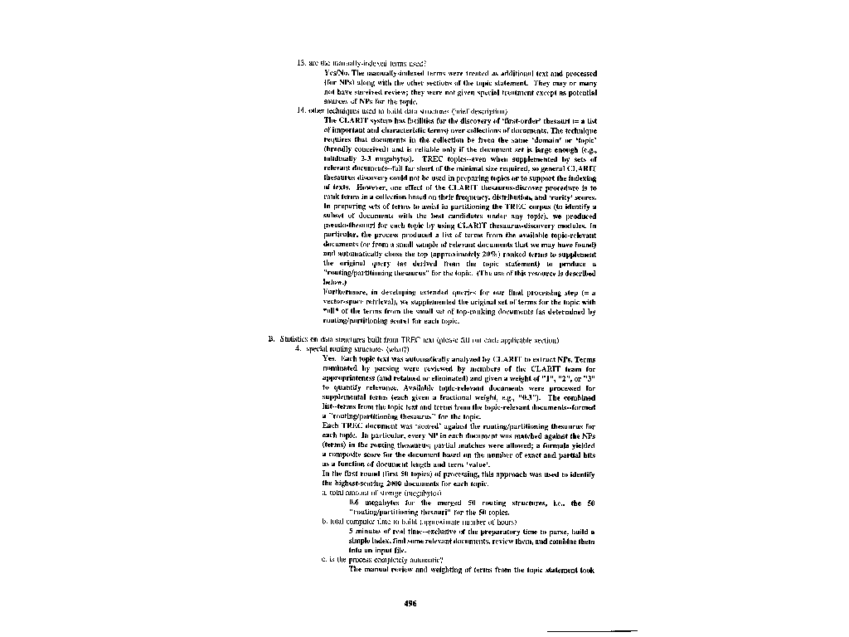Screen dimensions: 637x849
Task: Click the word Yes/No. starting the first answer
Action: pos(336,73)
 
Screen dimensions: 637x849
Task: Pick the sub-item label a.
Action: pos(322,494)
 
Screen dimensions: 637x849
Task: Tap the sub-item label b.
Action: pos(322,522)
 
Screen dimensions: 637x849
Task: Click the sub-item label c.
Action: pos(322,560)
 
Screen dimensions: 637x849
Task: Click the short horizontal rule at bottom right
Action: pos(599,631)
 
